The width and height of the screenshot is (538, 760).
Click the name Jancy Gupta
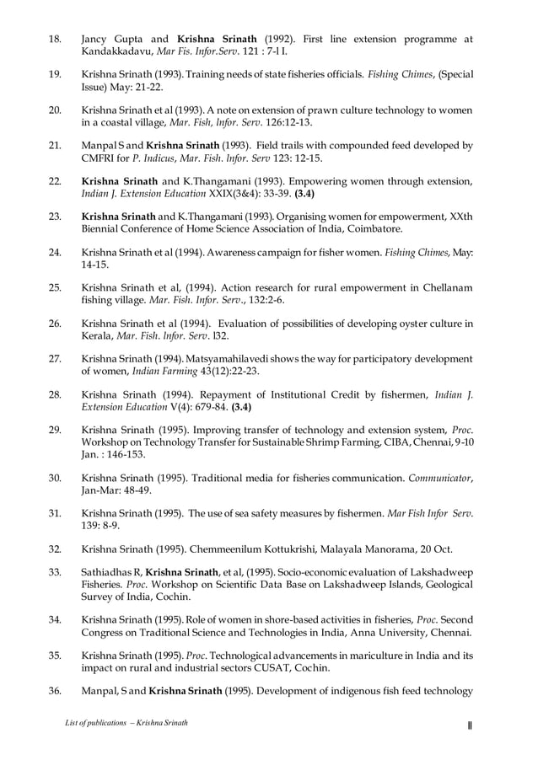117,39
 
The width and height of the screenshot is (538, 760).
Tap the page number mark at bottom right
470,725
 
